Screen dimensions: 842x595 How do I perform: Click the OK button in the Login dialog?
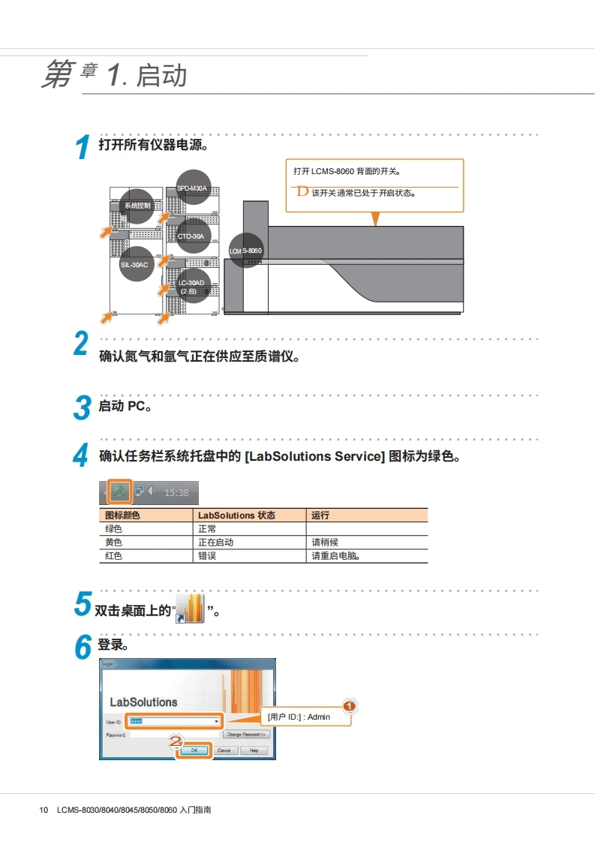[194, 750]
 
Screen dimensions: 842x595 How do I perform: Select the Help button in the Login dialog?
[254, 750]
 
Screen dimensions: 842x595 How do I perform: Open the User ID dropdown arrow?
[217, 721]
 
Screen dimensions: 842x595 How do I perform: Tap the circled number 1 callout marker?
[350, 705]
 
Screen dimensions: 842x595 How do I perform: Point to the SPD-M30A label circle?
[192, 188]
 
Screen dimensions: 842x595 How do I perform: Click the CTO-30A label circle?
[191, 236]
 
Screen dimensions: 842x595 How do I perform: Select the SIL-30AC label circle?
[135, 264]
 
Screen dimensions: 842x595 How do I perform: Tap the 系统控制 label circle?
[137, 205]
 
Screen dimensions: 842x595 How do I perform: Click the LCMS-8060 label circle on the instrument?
[246, 250]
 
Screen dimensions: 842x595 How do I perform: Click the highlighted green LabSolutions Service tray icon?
[120, 492]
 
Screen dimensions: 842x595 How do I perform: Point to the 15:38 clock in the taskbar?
[176, 493]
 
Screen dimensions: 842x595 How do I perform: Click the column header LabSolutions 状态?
[236, 516]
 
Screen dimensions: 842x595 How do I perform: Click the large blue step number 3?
[82, 409]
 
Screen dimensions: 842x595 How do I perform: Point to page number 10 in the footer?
[44, 810]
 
